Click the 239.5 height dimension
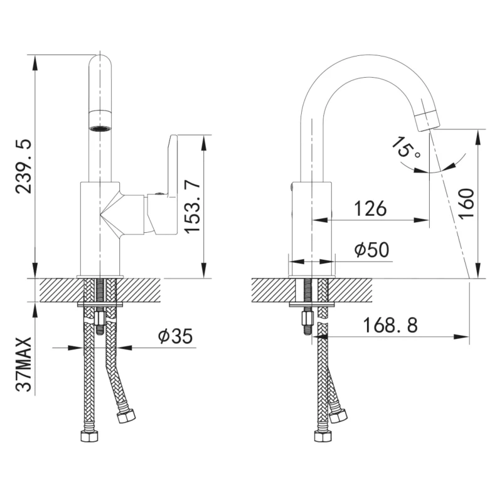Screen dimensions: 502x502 coord(24,166)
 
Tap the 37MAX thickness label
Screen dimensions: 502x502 coord(24,364)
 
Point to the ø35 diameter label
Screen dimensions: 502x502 coord(176,336)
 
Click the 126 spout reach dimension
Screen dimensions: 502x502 coord(370,208)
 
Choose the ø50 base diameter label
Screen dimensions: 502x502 coord(371,249)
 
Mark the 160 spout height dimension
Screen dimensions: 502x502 coord(466,203)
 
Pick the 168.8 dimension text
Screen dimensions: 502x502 coord(390,325)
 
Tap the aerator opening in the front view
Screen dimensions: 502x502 coord(100,128)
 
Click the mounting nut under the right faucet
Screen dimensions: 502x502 coord(307,318)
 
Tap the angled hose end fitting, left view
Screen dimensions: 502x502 coord(126,416)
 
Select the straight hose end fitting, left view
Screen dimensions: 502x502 coord(89,435)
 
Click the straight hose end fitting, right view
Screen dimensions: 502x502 coord(323,435)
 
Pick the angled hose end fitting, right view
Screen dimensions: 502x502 coord(338,416)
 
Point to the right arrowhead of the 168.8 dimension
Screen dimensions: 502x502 coord(462,337)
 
